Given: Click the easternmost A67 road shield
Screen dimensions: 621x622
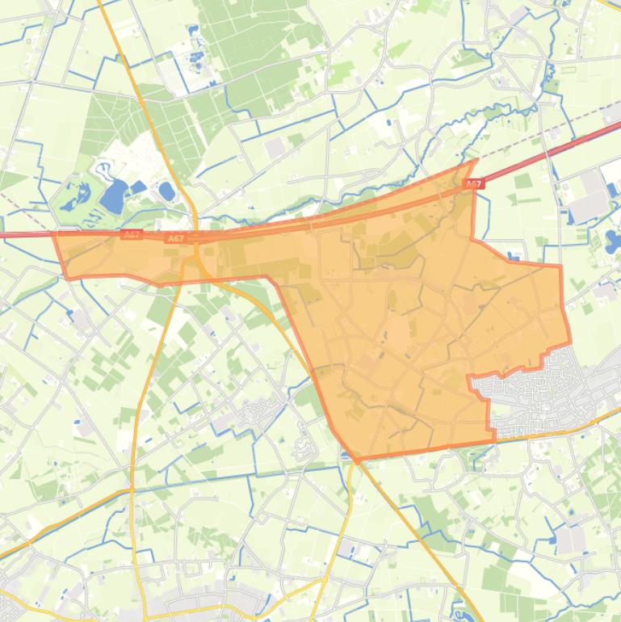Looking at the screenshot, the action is pos(474,185).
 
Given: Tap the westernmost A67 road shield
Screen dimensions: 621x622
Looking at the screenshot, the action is pos(132,234).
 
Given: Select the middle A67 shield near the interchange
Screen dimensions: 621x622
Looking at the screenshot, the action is pos(176,238).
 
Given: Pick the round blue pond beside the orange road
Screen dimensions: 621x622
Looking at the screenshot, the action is pos(166,191).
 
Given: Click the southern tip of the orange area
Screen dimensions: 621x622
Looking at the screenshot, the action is pos(356,458).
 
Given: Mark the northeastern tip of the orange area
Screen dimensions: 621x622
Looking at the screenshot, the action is pos(476,161).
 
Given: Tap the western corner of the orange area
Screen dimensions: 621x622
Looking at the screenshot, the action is pos(55,235).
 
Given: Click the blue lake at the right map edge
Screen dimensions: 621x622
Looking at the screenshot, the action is pos(611,240).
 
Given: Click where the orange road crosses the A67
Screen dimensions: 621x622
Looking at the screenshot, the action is pos(196,235).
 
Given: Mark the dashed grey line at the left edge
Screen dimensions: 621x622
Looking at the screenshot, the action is pos(16,202).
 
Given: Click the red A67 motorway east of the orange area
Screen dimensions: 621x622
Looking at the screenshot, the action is pos(549,153).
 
